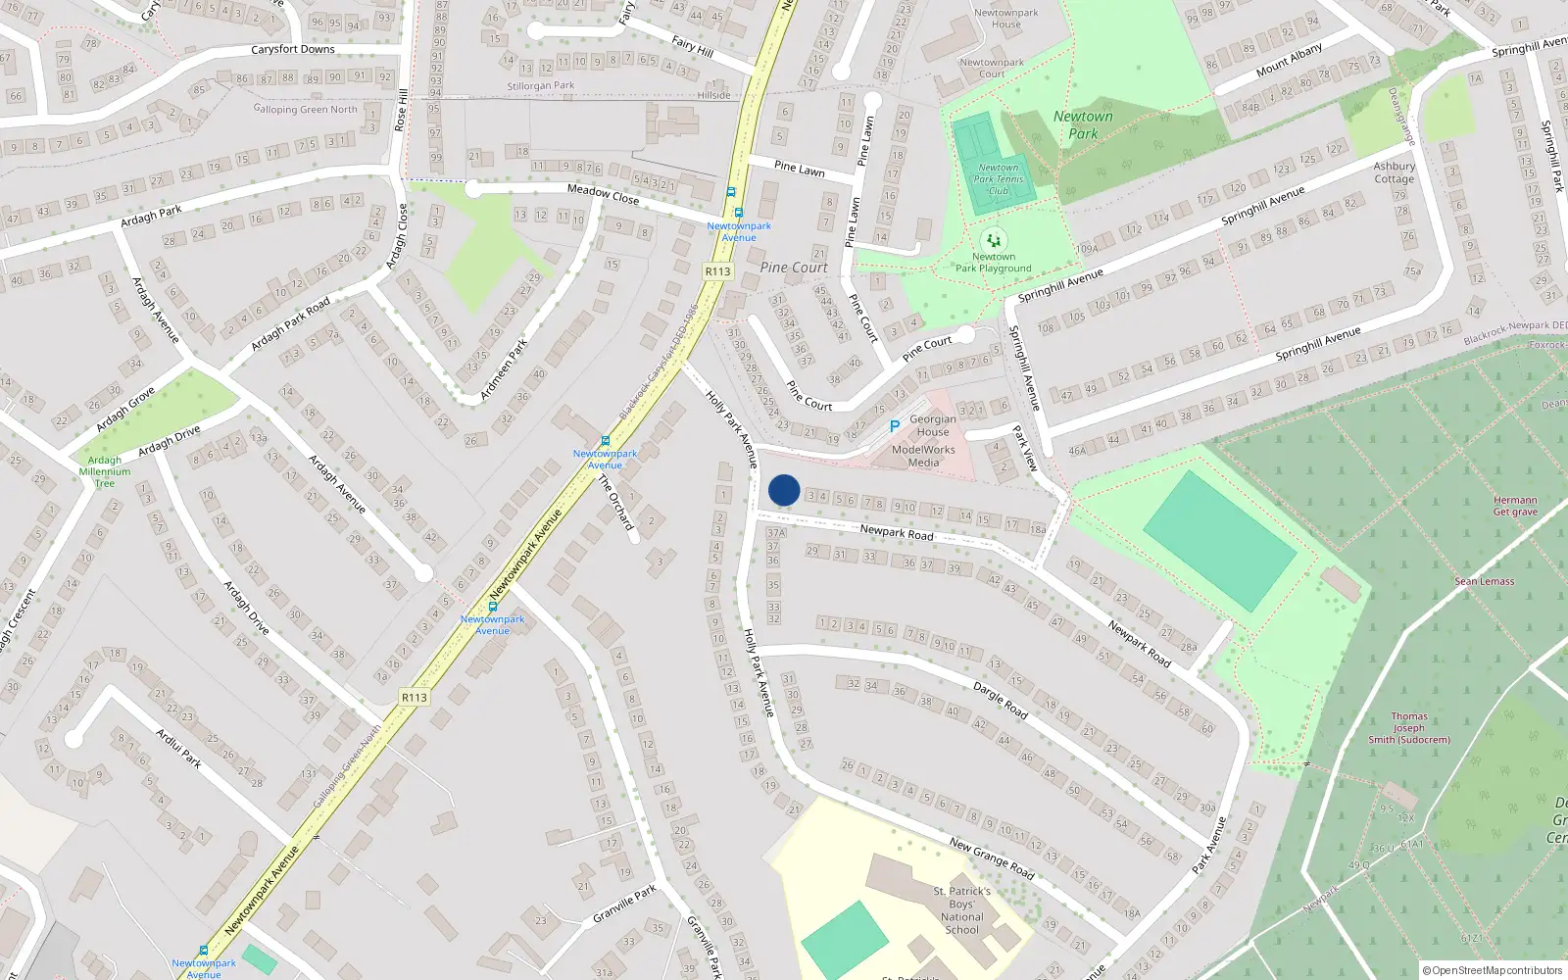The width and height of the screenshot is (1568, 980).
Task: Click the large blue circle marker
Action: pos(784,490)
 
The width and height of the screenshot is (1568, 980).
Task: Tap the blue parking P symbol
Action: pos(894,426)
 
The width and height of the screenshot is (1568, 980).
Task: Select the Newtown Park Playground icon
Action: pos(994,241)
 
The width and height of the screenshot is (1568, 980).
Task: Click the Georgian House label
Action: pos(932,425)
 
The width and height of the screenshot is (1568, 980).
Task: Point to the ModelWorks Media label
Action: pos(923,456)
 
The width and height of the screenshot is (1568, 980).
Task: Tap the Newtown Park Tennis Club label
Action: pos(999,179)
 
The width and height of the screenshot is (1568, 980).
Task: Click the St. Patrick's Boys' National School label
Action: pos(961,910)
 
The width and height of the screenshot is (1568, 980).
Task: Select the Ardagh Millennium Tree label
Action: pos(105,471)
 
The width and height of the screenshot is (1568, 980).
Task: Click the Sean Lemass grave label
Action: pos(1484,581)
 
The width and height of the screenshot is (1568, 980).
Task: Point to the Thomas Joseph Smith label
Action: pos(1409,728)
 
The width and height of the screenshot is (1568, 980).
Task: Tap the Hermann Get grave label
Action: pos(1515,506)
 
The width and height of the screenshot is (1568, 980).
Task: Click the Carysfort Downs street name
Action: pos(293,49)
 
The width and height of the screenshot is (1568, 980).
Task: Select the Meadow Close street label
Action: pos(603,195)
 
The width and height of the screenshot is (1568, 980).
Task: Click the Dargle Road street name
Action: pos(1001,701)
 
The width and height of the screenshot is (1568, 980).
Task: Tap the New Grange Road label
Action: pos(992,857)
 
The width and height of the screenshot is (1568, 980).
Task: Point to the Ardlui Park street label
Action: pos(178,748)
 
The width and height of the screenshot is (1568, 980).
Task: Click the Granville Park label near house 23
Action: pos(624,905)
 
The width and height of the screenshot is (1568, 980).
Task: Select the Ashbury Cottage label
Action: pos(1394,172)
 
